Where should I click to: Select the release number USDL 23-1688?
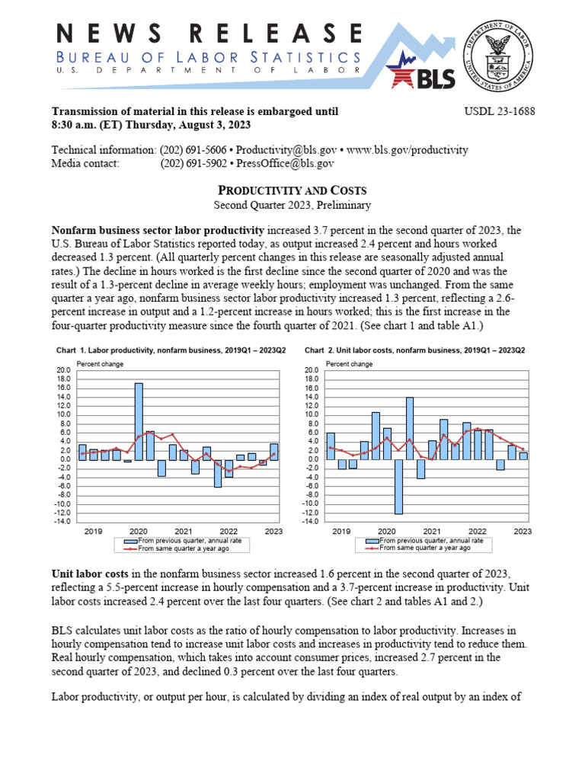500,111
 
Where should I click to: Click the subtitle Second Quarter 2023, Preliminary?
292,205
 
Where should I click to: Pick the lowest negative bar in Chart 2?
398,487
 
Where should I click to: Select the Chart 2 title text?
415,350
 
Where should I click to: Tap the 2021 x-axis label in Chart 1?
184,531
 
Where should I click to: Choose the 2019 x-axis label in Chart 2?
341,531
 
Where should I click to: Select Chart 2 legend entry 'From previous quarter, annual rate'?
427,541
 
